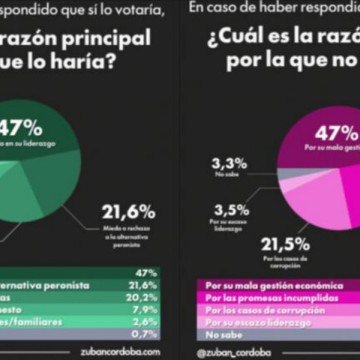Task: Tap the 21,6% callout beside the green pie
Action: coord(128,212)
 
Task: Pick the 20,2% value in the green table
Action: coord(146,296)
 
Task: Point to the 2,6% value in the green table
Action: coord(146,321)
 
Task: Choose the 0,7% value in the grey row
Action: coord(146,333)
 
